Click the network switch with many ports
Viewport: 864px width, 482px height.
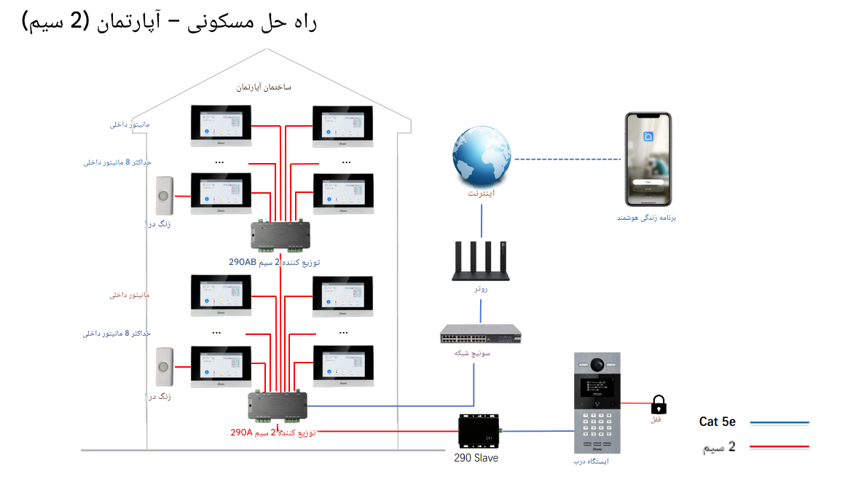click(481, 333)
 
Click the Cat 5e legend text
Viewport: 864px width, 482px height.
click(718, 422)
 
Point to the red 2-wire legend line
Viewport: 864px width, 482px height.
click(779, 446)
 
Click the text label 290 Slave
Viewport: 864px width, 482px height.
click(476, 458)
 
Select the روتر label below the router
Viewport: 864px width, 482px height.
click(481, 289)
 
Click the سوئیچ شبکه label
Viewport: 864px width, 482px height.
click(473, 353)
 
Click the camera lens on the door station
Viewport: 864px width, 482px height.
click(598, 364)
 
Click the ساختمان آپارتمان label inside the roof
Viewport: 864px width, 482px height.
click(264, 87)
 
